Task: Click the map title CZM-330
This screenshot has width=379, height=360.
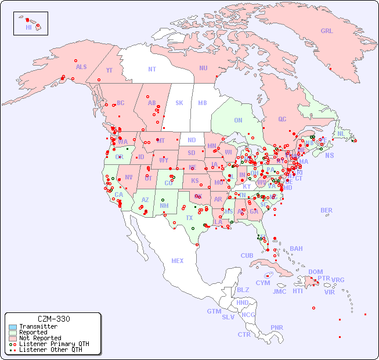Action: pos(53,319)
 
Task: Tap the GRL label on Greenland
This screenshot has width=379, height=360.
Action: pos(327,31)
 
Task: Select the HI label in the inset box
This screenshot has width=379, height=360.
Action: pos(28,27)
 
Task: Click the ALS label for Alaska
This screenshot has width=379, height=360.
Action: pos(81,67)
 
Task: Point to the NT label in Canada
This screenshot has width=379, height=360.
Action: pos(152,69)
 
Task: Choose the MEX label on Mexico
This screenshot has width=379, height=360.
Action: pos(178,261)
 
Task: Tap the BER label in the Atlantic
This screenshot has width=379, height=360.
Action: pos(326,210)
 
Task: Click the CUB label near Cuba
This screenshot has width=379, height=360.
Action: pos(247,255)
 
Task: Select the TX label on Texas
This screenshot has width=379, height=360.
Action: pos(189,218)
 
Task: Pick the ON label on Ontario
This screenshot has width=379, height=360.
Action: pos(238,120)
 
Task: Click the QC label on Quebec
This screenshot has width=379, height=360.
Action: pos(282,119)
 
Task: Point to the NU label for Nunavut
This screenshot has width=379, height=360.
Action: pos(203,68)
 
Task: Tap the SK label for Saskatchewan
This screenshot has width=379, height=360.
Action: pos(179,103)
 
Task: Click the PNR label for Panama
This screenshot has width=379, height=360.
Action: pos(277,327)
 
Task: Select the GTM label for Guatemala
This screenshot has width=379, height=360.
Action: pos(214,311)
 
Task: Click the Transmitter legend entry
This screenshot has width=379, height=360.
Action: pos(38,326)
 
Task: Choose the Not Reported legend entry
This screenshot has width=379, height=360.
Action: pos(40,338)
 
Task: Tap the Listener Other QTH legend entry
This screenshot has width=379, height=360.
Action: pos(50,350)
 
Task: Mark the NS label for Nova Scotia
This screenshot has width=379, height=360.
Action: pos(329,155)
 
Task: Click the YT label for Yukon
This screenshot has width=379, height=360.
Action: pos(109,70)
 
